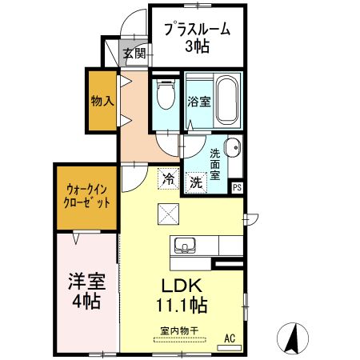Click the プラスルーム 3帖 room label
click(x=197, y=37)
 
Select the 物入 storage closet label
click(x=101, y=102)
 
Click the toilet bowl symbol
click(x=165, y=98)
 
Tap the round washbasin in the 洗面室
click(x=232, y=150)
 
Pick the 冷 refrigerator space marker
click(x=169, y=179)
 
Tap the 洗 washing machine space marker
click(x=196, y=182)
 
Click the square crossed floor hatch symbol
click(x=168, y=214)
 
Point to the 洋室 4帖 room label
click(x=82, y=291)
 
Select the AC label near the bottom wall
click(x=229, y=338)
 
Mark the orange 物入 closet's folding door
click(x=124, y=101)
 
